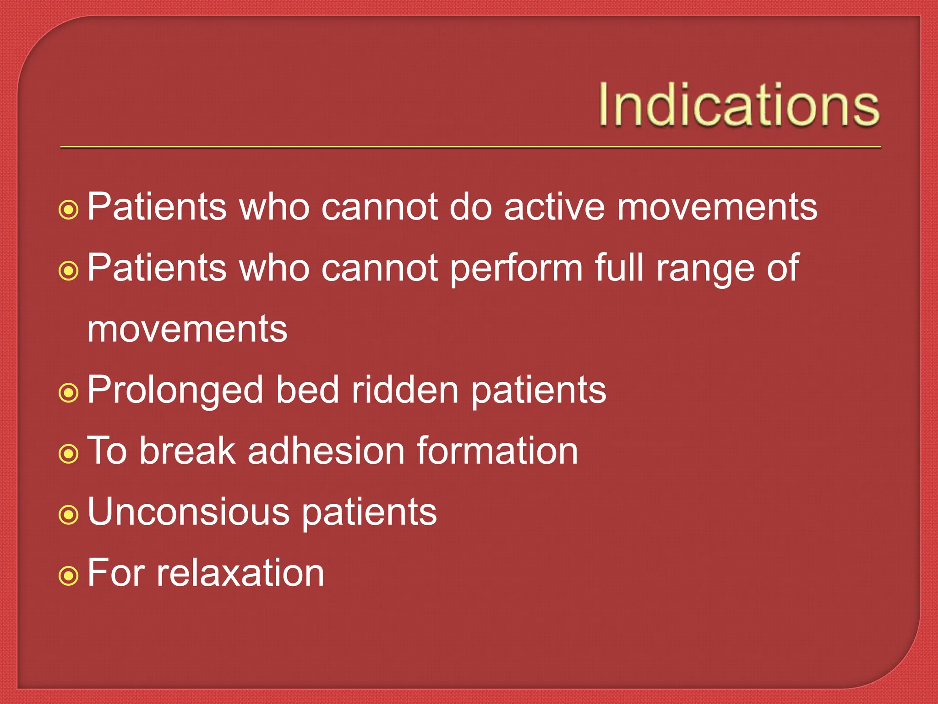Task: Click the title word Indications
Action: point(738,104)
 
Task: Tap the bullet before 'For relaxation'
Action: point(69,576)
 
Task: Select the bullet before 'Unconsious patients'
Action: point(69,515)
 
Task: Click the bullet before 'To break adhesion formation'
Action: point(69,454)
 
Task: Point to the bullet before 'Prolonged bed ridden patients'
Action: point(69,393)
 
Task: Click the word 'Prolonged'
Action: point(175,391)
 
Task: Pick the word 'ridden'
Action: point(405,390)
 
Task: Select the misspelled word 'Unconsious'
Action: point(188,512)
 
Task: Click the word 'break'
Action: point(187,451)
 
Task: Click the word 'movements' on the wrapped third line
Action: point(187,330)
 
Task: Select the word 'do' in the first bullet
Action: point(470,207)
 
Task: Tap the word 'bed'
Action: point(307,390)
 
